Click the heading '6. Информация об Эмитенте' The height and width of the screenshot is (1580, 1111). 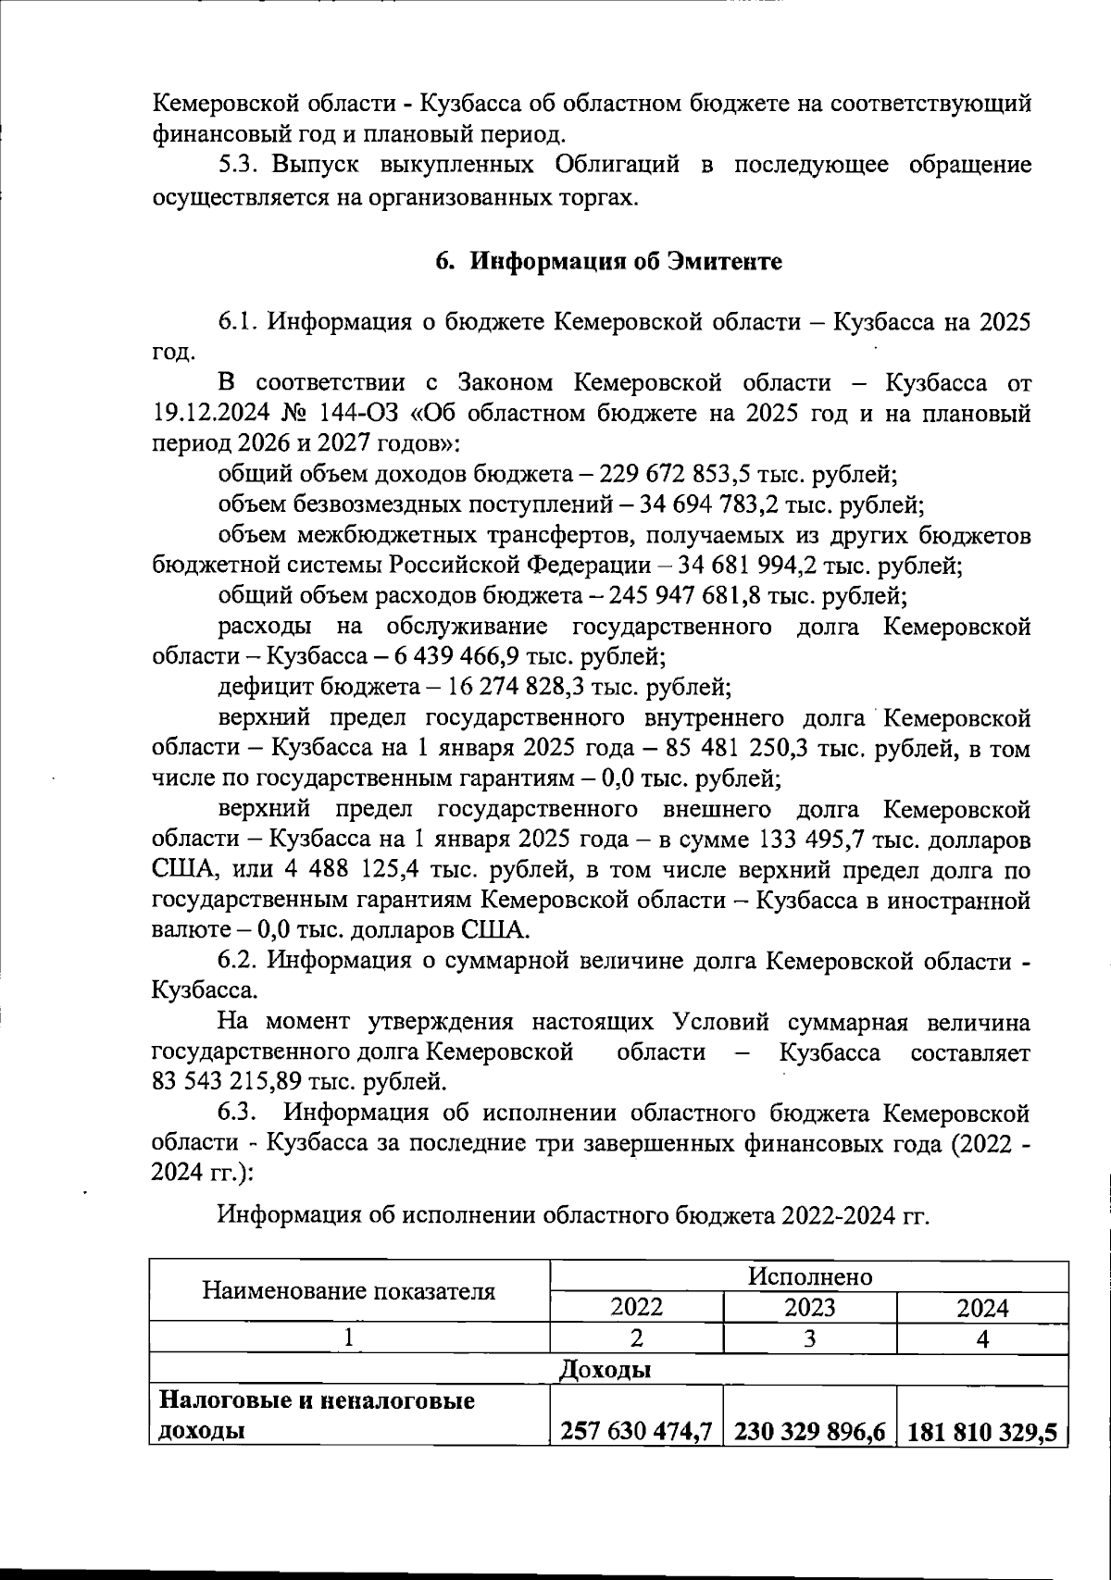(x=608, y=262)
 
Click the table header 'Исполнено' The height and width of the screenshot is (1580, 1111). (x=809, y=1276)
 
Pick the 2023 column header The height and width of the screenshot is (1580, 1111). (x=809, y=1307)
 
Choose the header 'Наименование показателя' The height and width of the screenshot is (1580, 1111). (x=349, y=1291)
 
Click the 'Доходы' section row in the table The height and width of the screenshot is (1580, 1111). (x=605, y=1369)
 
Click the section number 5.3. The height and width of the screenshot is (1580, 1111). (x=243, y=166)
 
